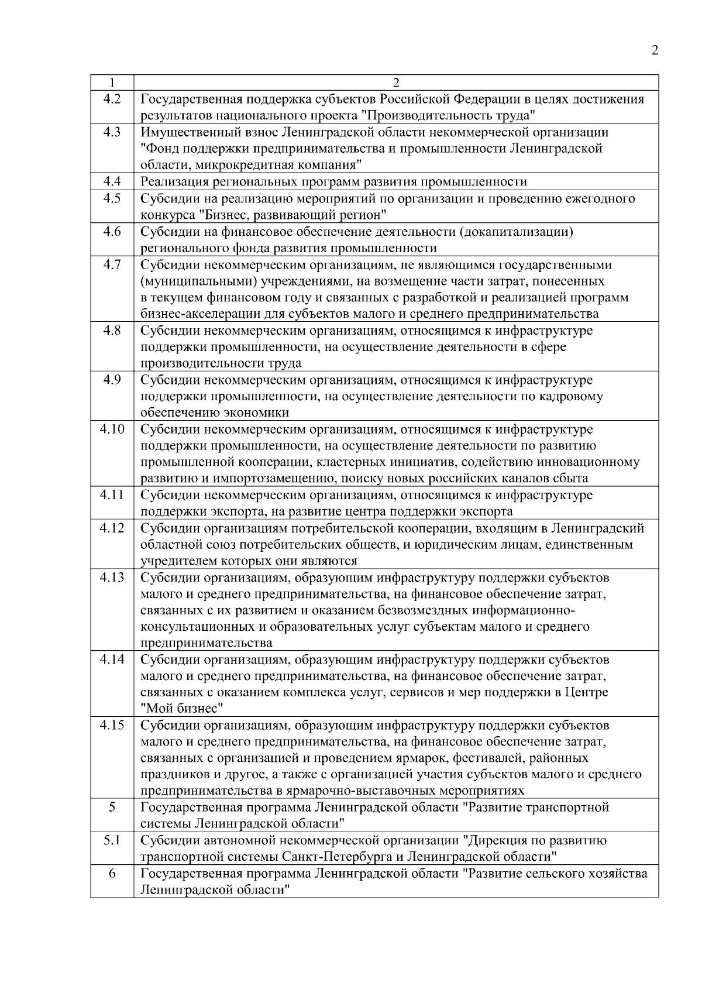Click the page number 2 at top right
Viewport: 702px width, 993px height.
pyautogui.click(x=655, y=50)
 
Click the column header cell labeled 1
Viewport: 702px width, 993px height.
pyautogui.click(x=112, y=83)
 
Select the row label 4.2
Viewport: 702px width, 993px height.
pyautogui.click(x=112, y=99)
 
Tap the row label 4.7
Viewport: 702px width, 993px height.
pyautogui.click(x=112, y=264)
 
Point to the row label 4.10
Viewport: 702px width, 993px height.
pyautogui.click(x=112, y=429)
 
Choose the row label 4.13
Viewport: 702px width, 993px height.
pyautogui.click(x=112, y=578)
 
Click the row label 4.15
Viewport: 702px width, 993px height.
pyautogui.click(x=112, y=725)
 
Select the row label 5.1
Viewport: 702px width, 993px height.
pyautogui.click(x=112, y=840)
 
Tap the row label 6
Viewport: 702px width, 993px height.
pyautogui.click(x=112, y=873)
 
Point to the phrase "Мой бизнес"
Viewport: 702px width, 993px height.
pyautogui.click(x=183, y=709)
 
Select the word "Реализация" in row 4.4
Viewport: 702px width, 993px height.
pyautogui.click(x=171, y=182)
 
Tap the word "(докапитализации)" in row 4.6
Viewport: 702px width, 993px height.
pyautogui.click(x=517, y=232)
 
